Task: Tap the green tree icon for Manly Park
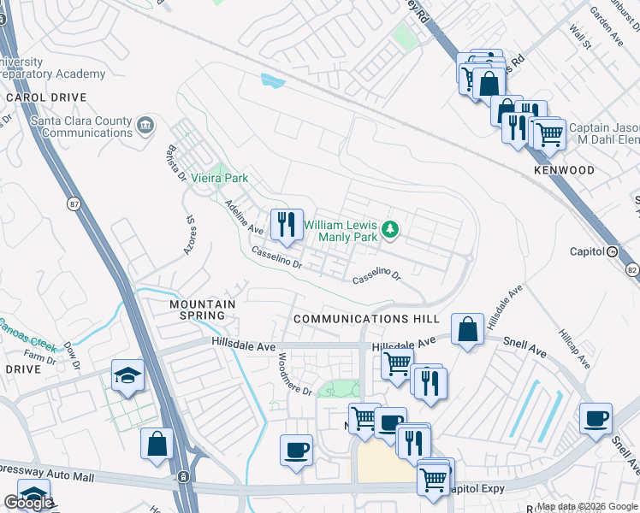pos(390,228)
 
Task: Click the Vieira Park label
pos(219,178)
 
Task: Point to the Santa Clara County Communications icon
pos(145,126)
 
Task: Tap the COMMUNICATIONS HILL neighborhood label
pos(364,318)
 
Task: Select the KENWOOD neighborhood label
pos(564,170)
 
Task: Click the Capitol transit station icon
pos(612,251)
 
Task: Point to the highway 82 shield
pos(632,269)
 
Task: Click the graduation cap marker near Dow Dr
pos(127,376)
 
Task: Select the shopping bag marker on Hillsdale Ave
pos(468,330)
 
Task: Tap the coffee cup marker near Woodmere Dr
pos(297,450)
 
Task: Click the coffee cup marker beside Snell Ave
pos(596,419)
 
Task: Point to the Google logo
pos(27,503)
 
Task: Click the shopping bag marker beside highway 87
pos(157,444)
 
